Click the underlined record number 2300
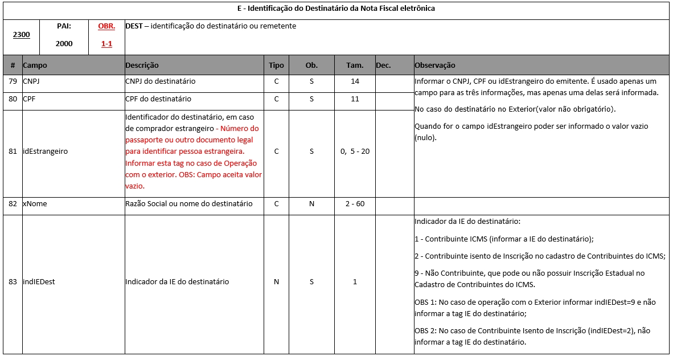(21, 34)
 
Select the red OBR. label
(106, 26)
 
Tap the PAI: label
(64, 26)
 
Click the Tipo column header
(276, 66)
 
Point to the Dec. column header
(383, 66)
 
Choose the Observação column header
(435, 66)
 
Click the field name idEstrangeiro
(45, 152)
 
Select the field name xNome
(35, 204)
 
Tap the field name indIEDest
(39, 281)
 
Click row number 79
(13, 81)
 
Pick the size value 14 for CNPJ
(355, 81)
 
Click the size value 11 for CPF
(355, 99)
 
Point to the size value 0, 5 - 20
(355, 152)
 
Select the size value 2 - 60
(355, 204)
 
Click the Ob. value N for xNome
(311, 204)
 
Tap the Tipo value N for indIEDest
(276, 281)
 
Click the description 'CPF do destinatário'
(158, 99)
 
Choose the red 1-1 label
(106, 44)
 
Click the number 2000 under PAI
(64, 44)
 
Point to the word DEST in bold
(134, 26)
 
